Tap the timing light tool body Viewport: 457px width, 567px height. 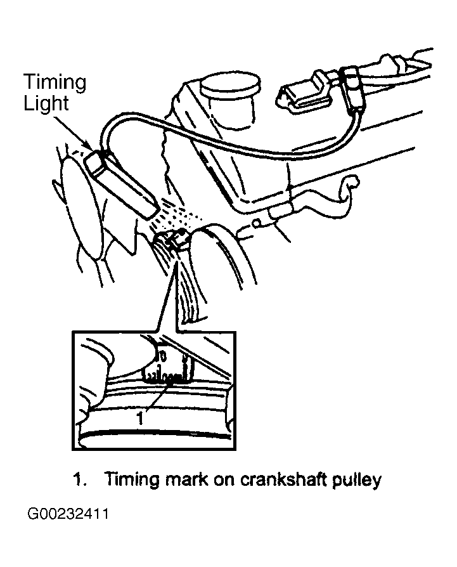point(121,185)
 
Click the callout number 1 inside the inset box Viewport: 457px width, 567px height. point(140,418)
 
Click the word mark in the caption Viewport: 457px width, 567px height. point(186,479)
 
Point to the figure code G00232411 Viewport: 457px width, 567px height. point(68,514)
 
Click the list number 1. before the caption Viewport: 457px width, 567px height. point(80,480)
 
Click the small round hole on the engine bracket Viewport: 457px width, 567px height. point(256,224)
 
